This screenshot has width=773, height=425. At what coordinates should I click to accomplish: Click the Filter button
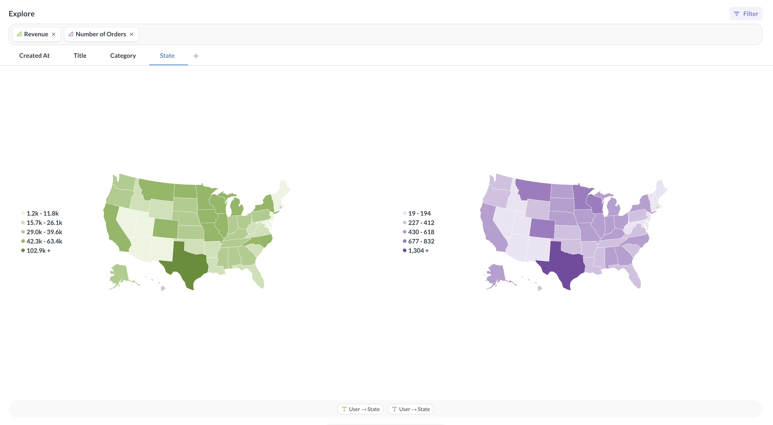pyautogui.click(x=746, y=14)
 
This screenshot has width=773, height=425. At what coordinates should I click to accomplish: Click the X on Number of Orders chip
pyautogui.click(x=131, y=34)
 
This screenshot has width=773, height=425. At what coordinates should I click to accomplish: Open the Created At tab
pyautogui.click(x=34, y=56)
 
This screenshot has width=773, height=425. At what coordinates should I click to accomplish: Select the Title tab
pyautogui.click(x=80, y=56)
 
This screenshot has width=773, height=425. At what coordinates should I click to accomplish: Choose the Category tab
pyautogui.click(x=123, y=56)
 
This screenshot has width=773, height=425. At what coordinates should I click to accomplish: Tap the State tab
pyautogui.click(x=167, y=56)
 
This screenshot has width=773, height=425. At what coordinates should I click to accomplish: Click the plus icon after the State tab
pyautogui.click(x=196, y=56)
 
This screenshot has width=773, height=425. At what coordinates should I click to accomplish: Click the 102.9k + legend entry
pyautogui.click(x=39, y=251)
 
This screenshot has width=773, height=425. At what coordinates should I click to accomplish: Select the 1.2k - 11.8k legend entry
pyautogui.click(x=42, y=213)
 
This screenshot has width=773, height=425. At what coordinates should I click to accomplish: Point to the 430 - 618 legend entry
pyautogui.click(x=421, y=232)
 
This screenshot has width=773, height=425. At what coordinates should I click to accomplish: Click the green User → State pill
pyautogui.click(x=360, y=409)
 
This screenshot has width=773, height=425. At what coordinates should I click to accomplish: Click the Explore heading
pyautogui.click(x=22, y=14)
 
